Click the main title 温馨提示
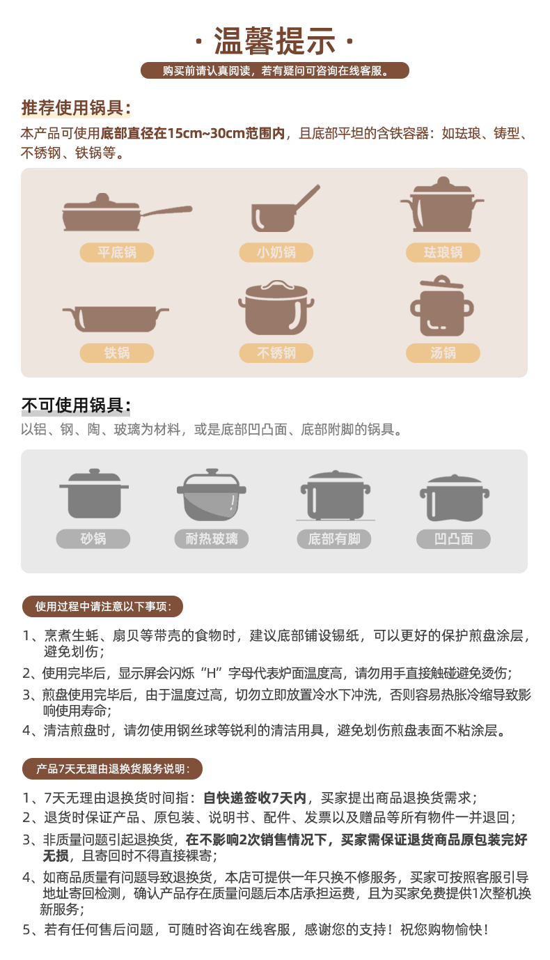pyautogui.click(x=274, y=41)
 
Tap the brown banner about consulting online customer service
pyautogui.click(x=274, y=70)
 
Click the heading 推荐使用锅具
pyautogui.click(x=75, y=108)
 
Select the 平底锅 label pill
pyautogui.click(x=116, y=252)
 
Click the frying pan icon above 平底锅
pyautogui.click(x=127, y=212)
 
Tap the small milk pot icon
pyautogui.click(x=285, y=209)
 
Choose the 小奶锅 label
pyautogui.click(x=276, y=252)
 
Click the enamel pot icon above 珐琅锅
pyautogui.click(x=442, y=205)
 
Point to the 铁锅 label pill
pyautogui.click(x=116, y=353)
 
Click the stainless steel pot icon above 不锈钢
pyautogui.click(x=276, y=308)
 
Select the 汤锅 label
pyautogui.click(x=443, y=353)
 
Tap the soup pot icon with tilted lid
pyautogui.click(x=442, y=306)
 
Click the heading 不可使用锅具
pyautogui.click(x=75, y=405)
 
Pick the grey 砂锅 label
pyautogui.click(x=93, y=539)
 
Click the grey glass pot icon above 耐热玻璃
pyautogui.click(x=212, y=495)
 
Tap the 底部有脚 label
pyautogui.click(x=334, y=539)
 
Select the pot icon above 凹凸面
pyautogui.click(x=455, y=498)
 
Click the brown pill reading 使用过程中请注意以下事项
pyautogui.click(x=103, y=606)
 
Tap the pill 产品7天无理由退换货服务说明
pyautogui.click(x=112, y=769)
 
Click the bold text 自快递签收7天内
pyautogui.click(x=255, y=798)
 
